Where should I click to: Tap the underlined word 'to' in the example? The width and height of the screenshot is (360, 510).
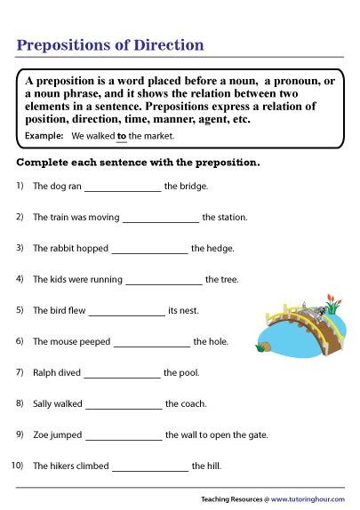coord(122,136)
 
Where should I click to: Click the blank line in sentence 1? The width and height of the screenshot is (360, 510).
coord(123,187)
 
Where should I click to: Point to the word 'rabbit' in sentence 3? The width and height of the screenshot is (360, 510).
coord(60,249)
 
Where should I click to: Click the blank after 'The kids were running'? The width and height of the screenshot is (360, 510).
coord(164,280)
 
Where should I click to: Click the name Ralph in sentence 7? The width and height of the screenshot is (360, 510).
coord(44,372)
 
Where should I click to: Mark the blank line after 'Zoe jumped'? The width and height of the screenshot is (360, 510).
coord(124,435)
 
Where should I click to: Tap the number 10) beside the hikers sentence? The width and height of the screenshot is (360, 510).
coord(18,466)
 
